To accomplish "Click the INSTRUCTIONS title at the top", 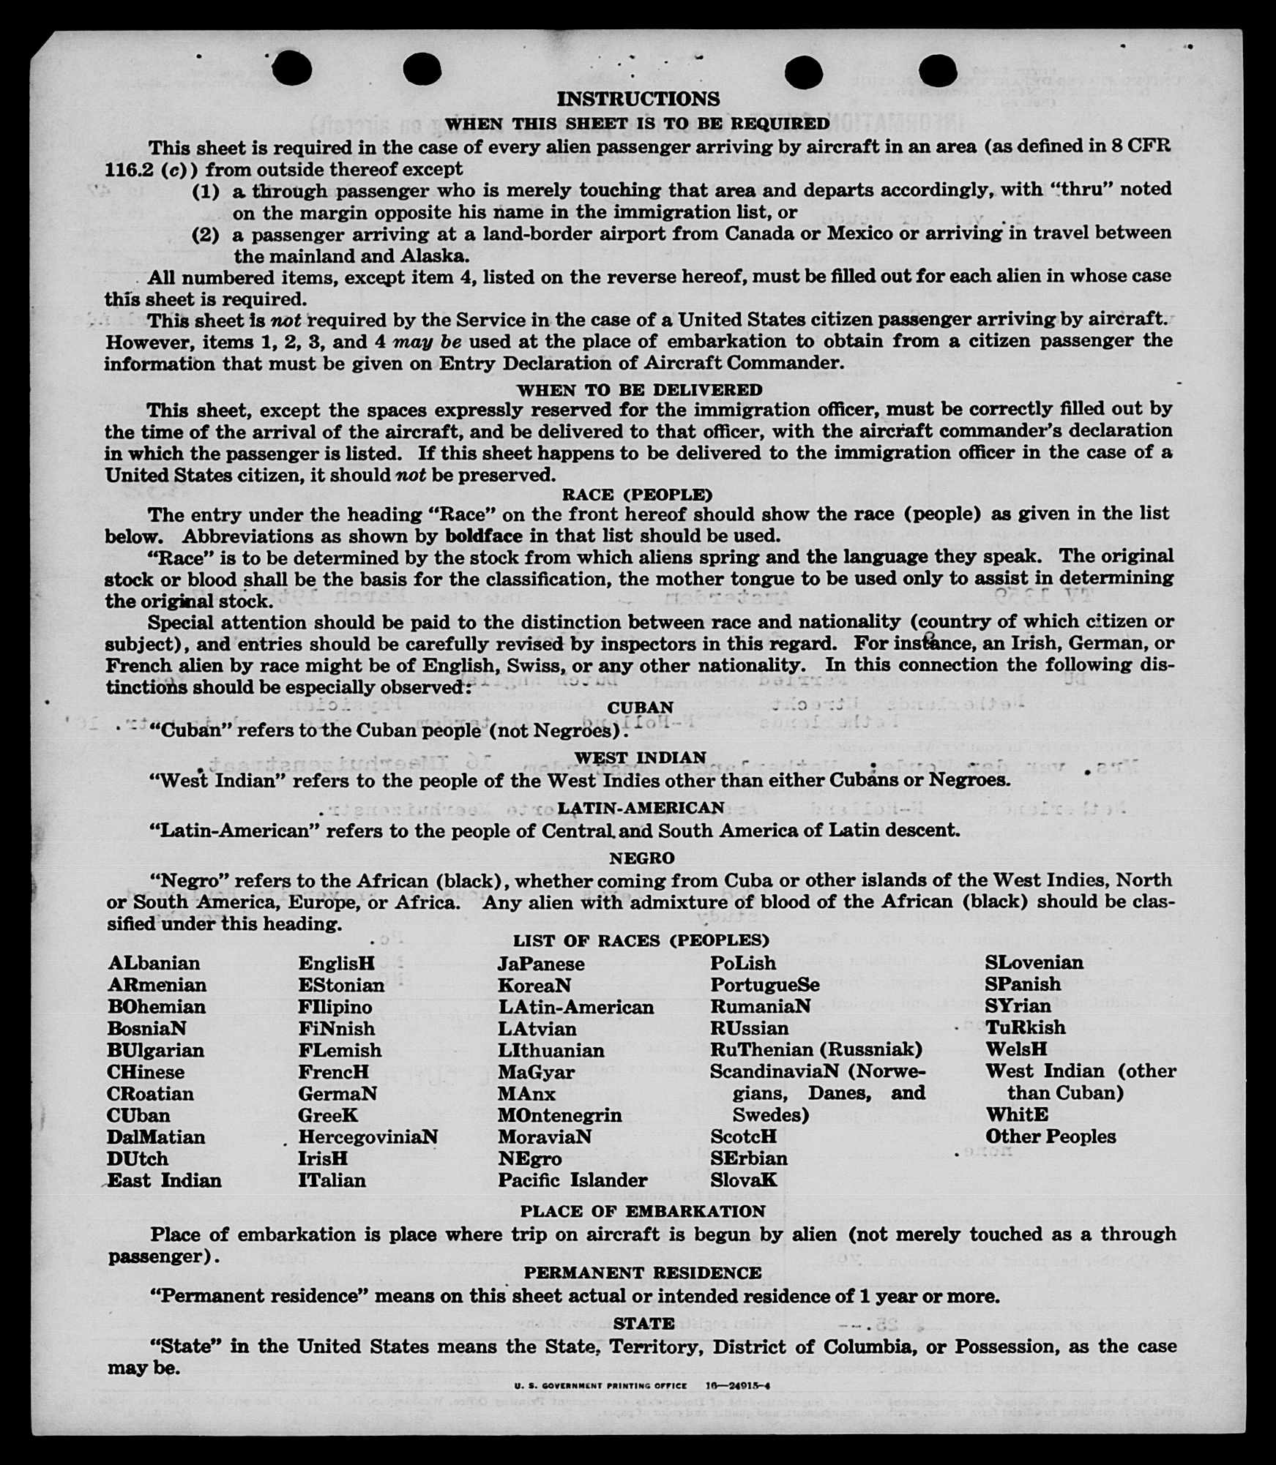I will (638, 99).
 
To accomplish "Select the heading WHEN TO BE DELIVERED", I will (639, 390).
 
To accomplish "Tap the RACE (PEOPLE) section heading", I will (637, 495).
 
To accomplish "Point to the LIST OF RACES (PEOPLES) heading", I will (641, 940).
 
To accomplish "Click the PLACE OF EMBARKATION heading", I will (642, 1211).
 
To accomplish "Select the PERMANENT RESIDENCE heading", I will (642, 1273).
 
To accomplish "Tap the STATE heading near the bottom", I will (643, 1323).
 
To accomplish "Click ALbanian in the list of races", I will (154, 963).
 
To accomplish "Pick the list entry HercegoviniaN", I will (367, 1136).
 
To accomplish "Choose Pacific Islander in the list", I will (572, 1180).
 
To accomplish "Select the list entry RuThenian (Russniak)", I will (816, 1049).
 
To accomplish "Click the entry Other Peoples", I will (1050, 1136).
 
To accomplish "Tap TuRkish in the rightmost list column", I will (1025, 1027).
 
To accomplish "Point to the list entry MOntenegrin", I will (559, 1115).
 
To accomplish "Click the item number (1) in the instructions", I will (206, 192).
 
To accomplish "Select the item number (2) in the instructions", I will (206, 235).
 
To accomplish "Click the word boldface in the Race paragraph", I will (483, 536).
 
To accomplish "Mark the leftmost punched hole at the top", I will (292, 69).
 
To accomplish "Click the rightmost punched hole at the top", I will (937, 70).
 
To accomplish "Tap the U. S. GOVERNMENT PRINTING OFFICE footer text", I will (600, 1385).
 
